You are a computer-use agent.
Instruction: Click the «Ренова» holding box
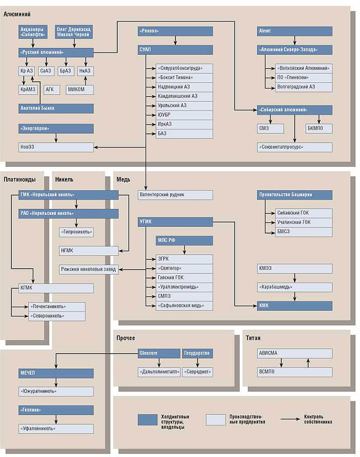tap(175, 31)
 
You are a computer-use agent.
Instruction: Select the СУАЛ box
tap(175, 50)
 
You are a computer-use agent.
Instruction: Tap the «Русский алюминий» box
tap(56, 52)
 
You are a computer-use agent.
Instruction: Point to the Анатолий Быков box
tap(56, 108)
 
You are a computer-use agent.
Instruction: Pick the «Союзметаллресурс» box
tap(295, 147)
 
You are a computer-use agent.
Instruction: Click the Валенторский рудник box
tap(175, 195)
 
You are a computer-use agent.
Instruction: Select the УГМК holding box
tap(175, 222)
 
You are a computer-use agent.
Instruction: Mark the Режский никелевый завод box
tap(88, 269)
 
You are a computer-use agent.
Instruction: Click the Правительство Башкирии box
tap(295, 195)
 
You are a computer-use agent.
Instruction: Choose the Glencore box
tap(158, 353)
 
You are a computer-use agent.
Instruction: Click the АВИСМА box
tap(295, 353)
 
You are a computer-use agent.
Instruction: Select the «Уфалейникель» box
tap(56, 428)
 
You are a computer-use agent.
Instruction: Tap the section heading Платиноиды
tap(20, 180)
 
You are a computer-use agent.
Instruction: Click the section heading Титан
tap(253, 338)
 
